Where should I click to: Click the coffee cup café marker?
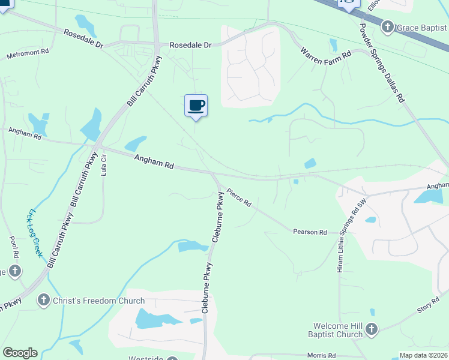pyautogui.click(x=196, y=106)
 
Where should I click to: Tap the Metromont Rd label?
pyautogui.click(x=28, y=54)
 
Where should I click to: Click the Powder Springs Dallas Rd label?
pyautogui.click(x=382, y=64)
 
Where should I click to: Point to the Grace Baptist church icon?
pyautogui.click(x=388, y=26)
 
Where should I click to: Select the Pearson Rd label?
pyautogui.click(x=310, y=232)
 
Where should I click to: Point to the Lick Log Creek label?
pyautogui.click(x=35, y=233)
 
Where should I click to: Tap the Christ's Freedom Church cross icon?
pyautogui.click(x=43, y=299)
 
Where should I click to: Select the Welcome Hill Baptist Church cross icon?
pyautogui.click(x=372, y=328)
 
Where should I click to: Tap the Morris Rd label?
pyautogui.click(x=321, y=356)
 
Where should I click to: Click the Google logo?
pyautogui.click(x=20, y=353)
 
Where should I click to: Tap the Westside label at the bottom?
pyautogui.click(x=145, y=358)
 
